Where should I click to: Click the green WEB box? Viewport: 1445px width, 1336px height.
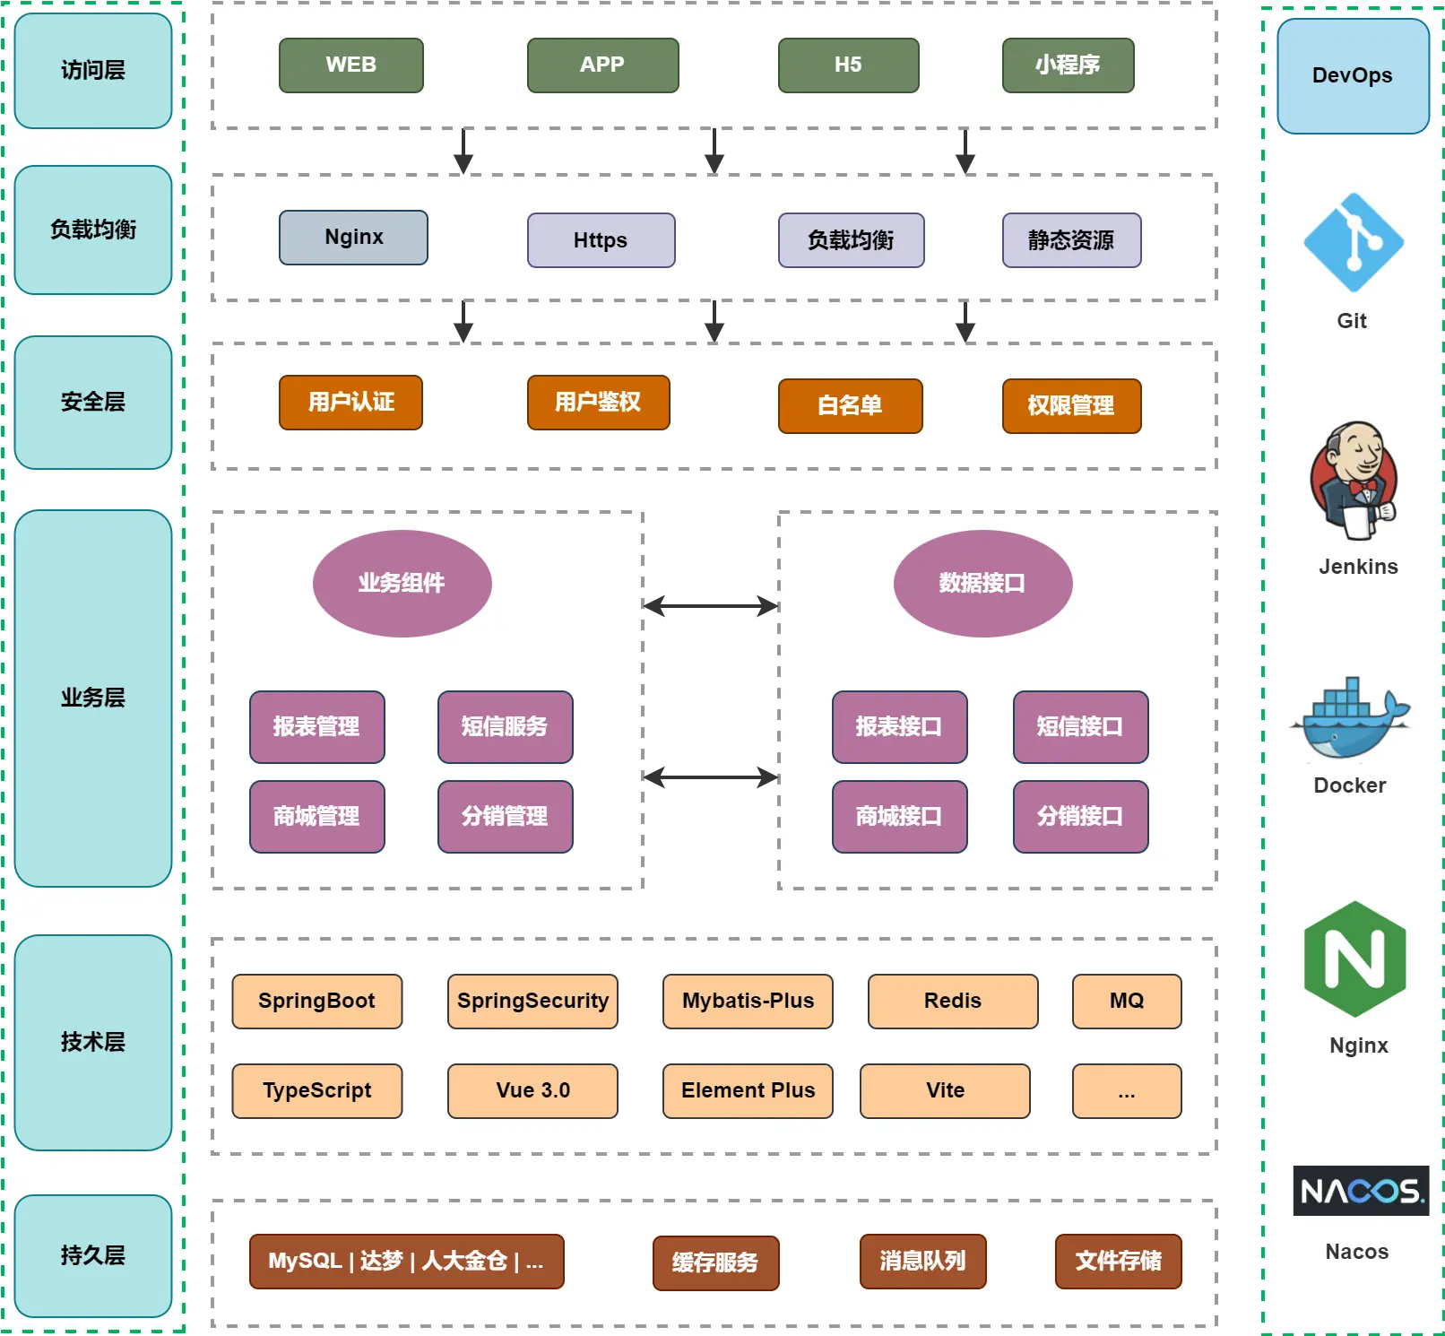pyautogui.click(x=351, y=65)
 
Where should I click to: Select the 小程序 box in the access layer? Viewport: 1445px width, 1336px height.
pyautogui.click(x=1069, y=65)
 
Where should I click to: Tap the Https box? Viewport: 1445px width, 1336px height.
pyautogui.click(x=601, y=240)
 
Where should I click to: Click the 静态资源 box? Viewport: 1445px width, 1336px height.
pyautogui.click(x=1072, y=240)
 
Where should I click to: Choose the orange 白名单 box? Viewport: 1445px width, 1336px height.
pyautogui.click(x=851, y=406)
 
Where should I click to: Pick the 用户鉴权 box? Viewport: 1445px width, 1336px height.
pyautogui.click(x=599, y=403)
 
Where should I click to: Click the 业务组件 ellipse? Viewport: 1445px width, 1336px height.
pyautogui.click(x=402, y=584)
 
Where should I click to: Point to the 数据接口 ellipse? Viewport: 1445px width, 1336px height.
pyautogui.click(x=983, y=584)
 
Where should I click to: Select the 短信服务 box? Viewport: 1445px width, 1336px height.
pyautogui.click(x=506, y=727)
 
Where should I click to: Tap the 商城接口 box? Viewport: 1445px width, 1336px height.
pyautogui.click(x=900, y=817)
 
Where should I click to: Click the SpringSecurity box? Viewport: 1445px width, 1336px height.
pyautogui.click(x=533, y=1002)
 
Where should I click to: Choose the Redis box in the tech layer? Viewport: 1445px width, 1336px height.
pyautogui.click(x=954, y=1002)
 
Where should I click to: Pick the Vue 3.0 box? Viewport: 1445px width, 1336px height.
pyautogui.click(x=533, y=1091)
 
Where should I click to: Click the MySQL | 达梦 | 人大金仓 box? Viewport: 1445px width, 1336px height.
pyautogui.click(x=407, y=1262)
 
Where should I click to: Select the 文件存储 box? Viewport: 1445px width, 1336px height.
pyautogui.click(x=1119, y=1262)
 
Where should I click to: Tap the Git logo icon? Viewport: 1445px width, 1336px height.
pyautogui.click(x=1354, y=243)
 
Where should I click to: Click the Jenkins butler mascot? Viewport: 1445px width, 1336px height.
pyautogui.click(x=1354, y=481)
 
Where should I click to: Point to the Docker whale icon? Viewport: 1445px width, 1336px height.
pyautogui.click(x=1350, y=718)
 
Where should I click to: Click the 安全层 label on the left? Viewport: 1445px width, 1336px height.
pyautogui.click(x=93, y=403)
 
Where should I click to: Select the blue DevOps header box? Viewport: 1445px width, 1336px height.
pyautogui.click(x=1354, y=76)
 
